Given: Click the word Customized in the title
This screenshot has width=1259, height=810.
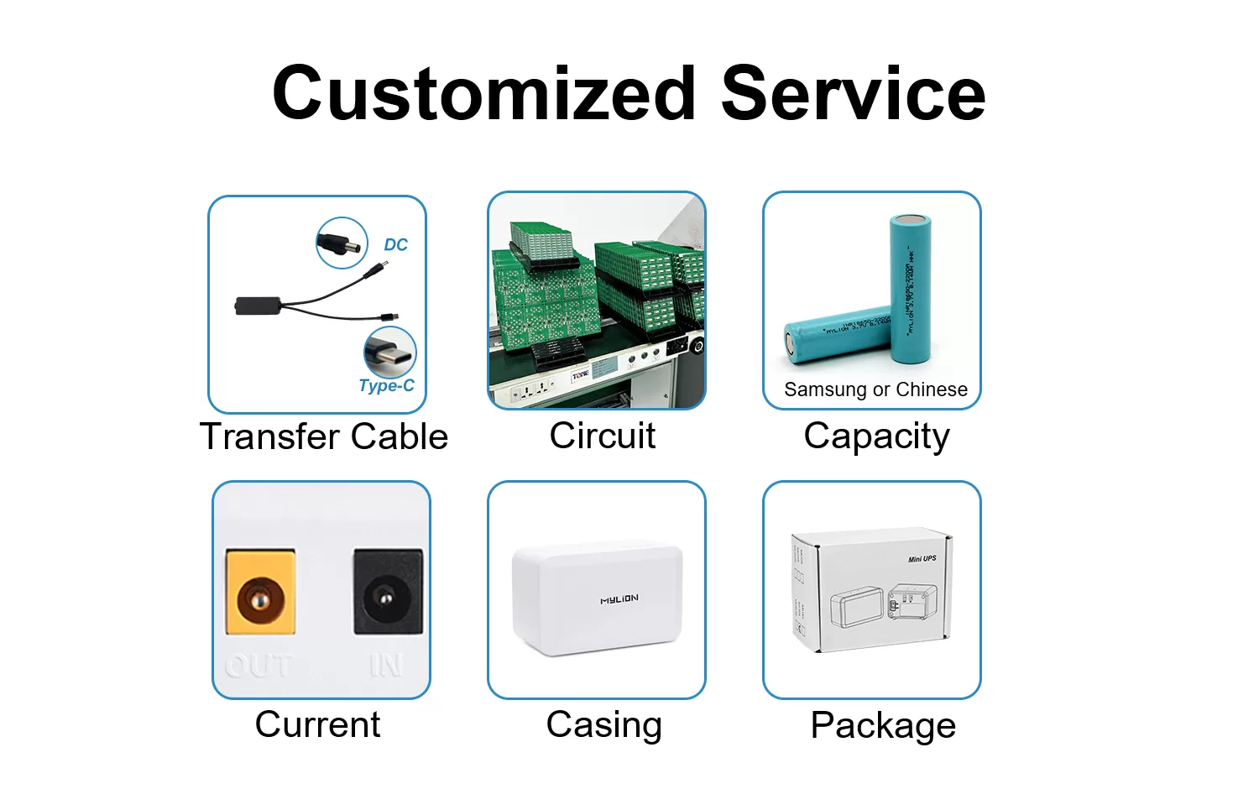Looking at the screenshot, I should (x=484, y=94).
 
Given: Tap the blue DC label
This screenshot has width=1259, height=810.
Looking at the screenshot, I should (x=395, y=245).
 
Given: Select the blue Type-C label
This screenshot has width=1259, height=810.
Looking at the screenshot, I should (x=386, y=385).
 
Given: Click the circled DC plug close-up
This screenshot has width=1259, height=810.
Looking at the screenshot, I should (x=342, y=243).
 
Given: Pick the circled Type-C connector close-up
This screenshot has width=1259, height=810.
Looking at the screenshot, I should (x=389, y=353).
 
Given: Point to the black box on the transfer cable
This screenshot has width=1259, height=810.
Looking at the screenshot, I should (x=257, y=306).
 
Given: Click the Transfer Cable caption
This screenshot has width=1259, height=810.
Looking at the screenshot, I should (x=324, y=436).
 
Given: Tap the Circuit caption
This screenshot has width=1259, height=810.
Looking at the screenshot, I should (x=602, y=436).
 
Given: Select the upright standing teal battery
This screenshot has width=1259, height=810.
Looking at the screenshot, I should (x=912, y=290).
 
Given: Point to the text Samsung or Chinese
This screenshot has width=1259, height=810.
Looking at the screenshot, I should (x=875, y=389).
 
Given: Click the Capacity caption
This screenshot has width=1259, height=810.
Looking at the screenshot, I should (x=876, y=436).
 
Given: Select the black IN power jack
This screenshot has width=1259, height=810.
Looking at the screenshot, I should (x=386, y=593).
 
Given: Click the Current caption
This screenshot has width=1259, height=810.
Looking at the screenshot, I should (x=317, y=724).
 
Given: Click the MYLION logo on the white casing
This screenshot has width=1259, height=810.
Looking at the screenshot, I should (x=619, y=599).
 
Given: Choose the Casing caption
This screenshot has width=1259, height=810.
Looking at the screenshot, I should (x=603, y=725).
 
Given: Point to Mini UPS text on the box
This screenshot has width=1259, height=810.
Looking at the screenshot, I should (x=922, y=559).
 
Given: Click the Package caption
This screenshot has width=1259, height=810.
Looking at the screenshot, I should (x=883, y=725).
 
